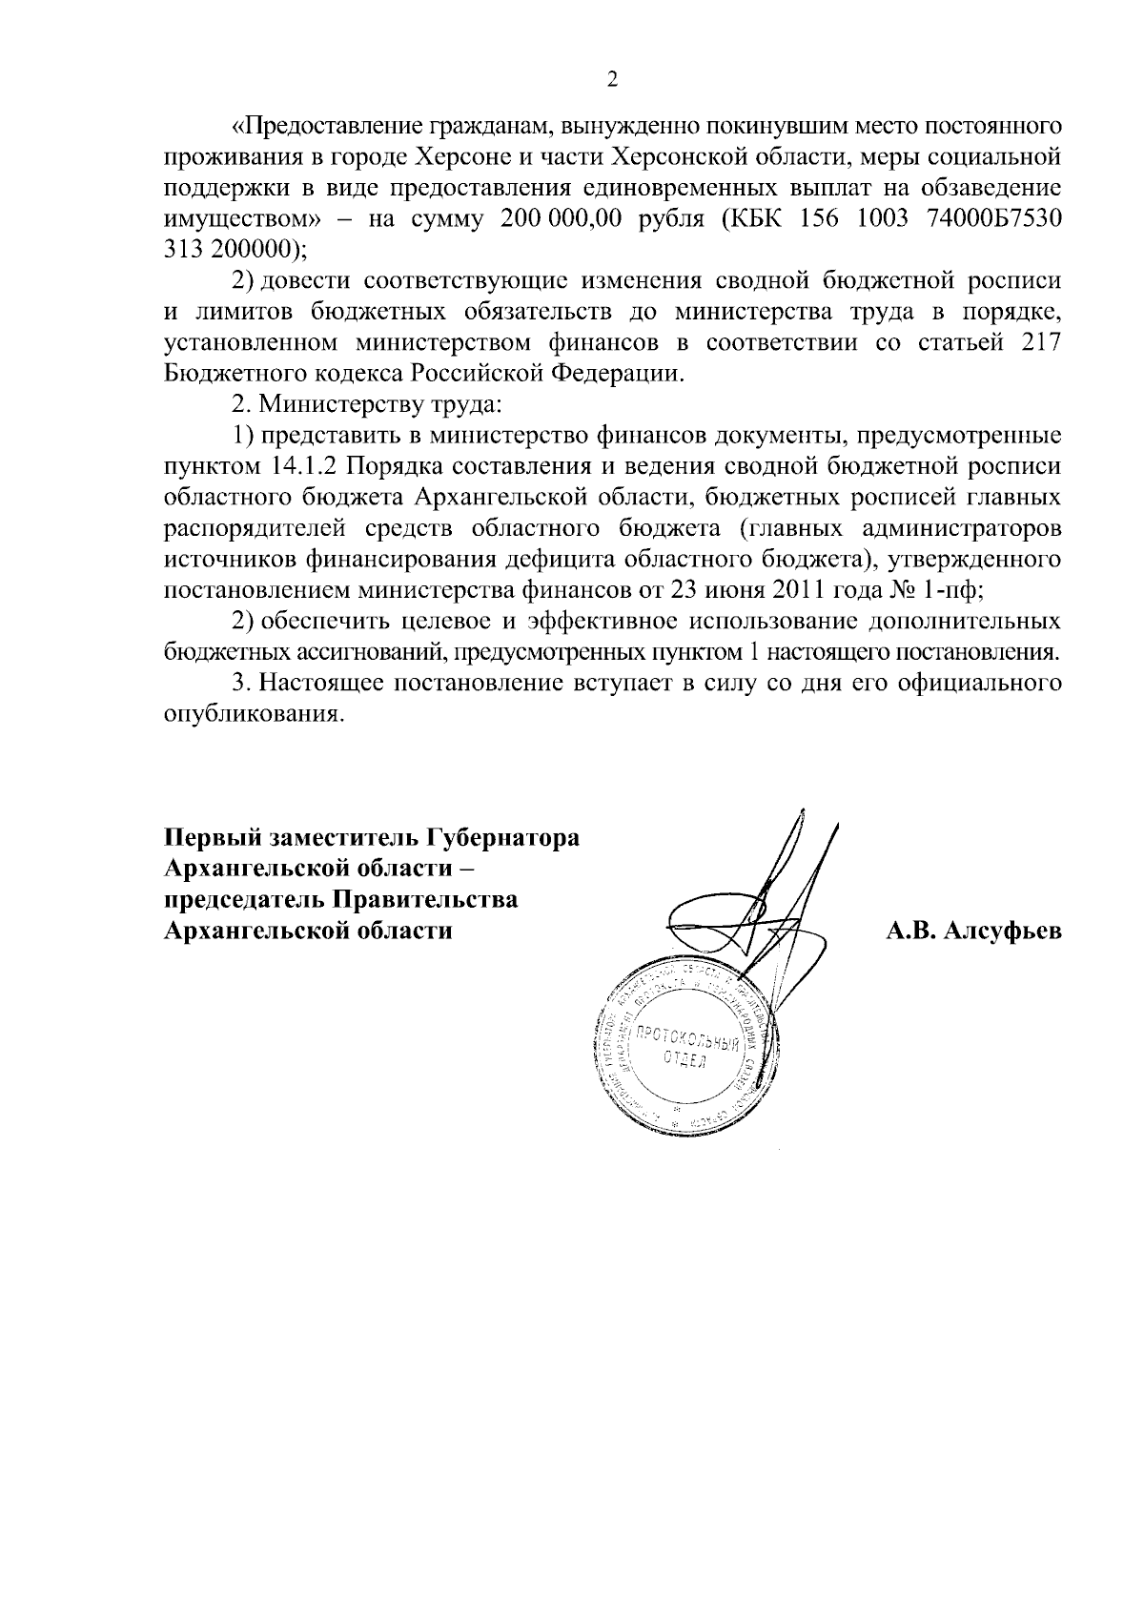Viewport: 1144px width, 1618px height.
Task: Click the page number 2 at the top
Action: pyautogui.click(x=612, y=80)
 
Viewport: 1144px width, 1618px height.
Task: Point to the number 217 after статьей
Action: pyautogui.click(x=1041, y=343)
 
